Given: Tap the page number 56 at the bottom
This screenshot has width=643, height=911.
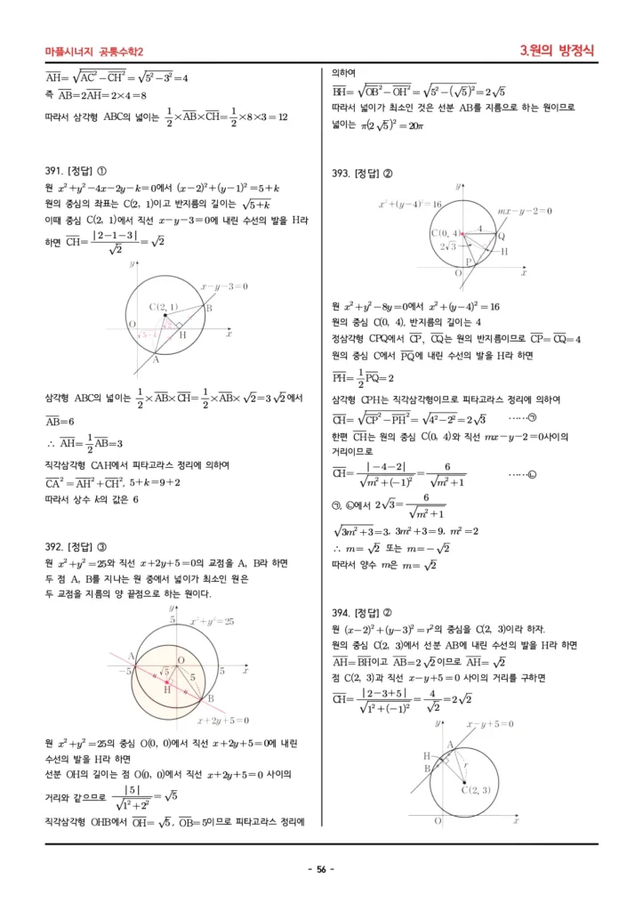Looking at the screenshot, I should click(x=321, y=869).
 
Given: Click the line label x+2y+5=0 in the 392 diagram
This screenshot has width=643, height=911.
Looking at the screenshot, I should click(x=222, y=721).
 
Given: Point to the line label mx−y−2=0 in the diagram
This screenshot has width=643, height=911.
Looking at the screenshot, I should click(x=525, y=211).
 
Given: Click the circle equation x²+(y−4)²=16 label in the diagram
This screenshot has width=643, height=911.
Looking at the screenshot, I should click(x=410, y=205).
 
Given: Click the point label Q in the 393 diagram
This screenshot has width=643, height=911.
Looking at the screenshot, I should click(x=501, y=236).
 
